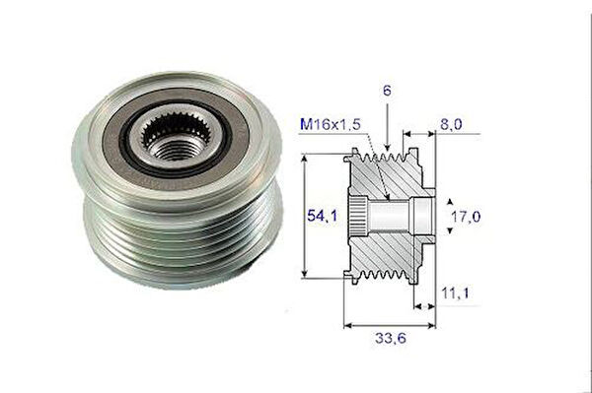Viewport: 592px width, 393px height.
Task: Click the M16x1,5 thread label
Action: [331, 124]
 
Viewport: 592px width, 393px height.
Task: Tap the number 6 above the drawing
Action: [387, 91]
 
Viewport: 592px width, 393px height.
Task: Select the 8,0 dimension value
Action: [451, 124]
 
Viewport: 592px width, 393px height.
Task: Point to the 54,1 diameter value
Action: [322, 216]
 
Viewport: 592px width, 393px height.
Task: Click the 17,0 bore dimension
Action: [466, 217]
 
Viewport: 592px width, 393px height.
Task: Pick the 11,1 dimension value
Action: [455, 293]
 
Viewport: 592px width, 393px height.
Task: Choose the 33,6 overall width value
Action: [391, 338]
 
